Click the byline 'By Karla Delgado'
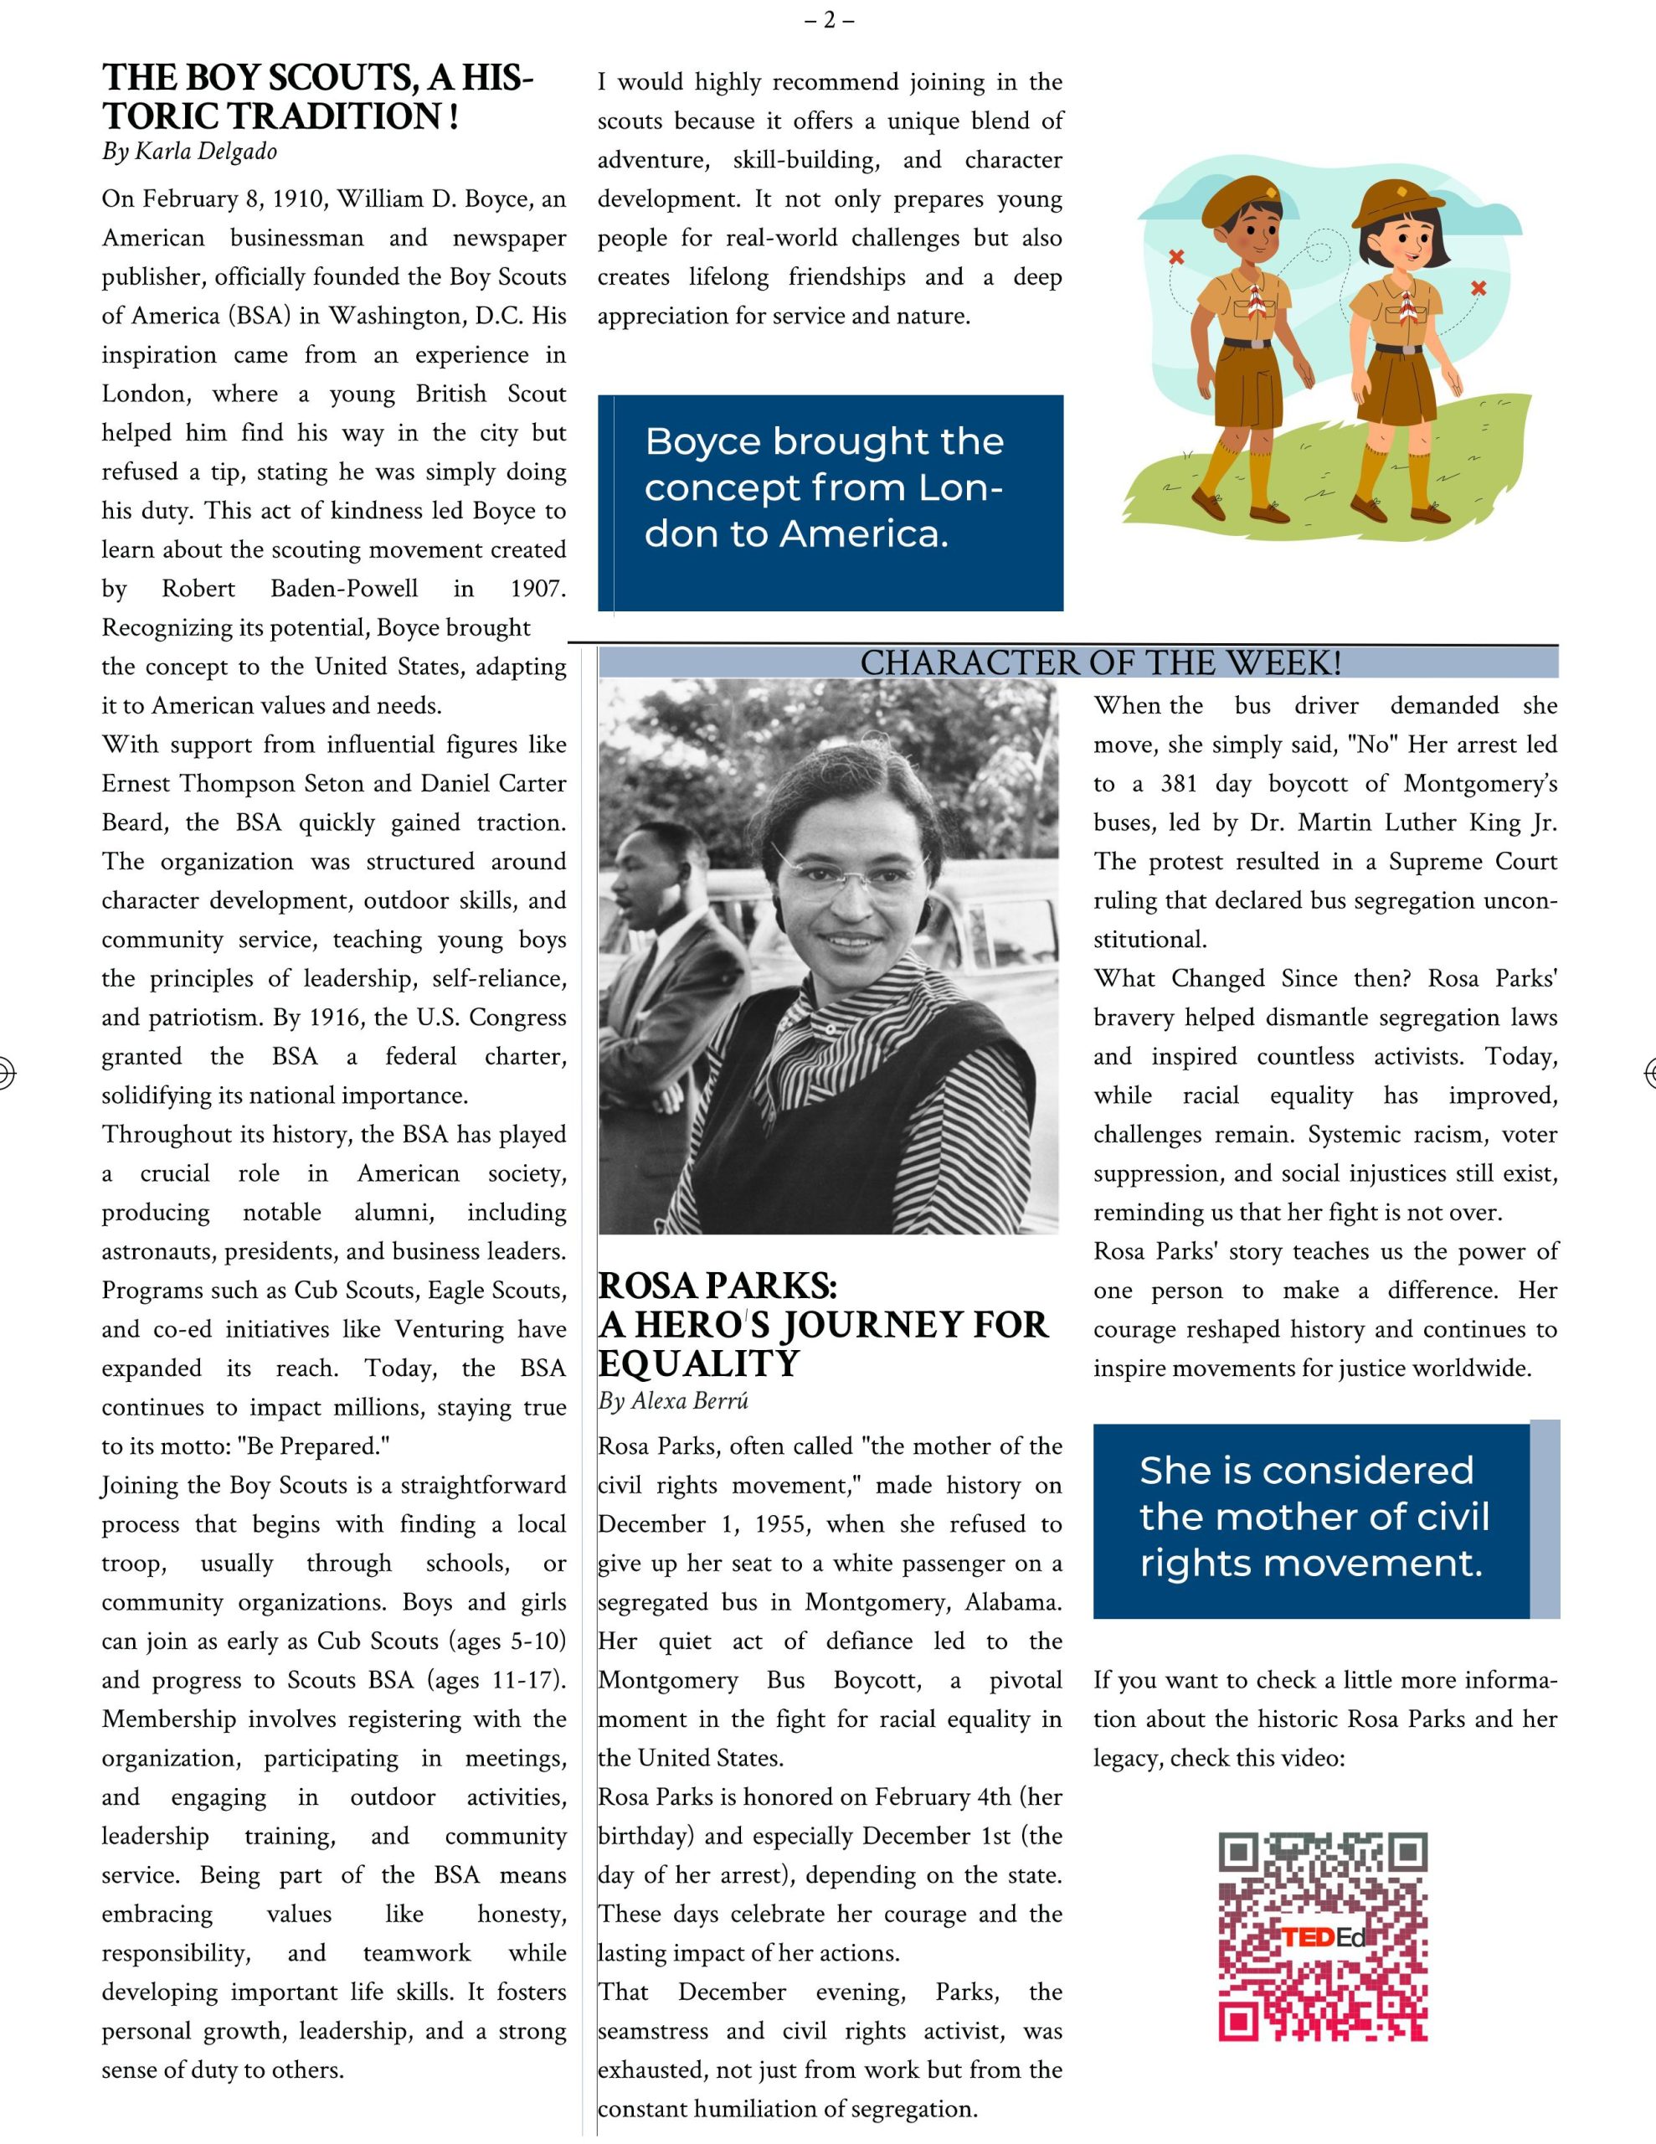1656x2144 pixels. [x=189, y=152]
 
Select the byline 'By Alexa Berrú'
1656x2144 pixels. [x=673, y=1401]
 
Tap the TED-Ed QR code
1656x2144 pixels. [x=1322, y=1936]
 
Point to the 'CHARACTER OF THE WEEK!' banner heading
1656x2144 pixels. [x=1100, y=663]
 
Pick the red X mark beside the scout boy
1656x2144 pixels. [x=1176, y=257]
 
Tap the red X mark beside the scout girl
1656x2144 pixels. [x=1479, y=287]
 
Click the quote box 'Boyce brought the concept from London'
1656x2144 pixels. [x=831, y=502]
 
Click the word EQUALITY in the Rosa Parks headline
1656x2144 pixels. [x=699, y=1363]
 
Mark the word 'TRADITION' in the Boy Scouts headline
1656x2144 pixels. [x=335, y=116]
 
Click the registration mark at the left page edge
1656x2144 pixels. [x=5, y=1073]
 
